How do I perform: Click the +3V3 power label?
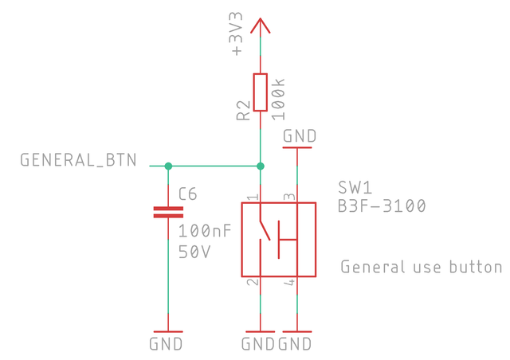pos(237,33)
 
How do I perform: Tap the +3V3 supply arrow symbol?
pos(261,25)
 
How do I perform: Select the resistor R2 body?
pos(261,92)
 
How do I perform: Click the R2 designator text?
pos(244,111)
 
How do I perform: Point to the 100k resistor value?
pos(278,100)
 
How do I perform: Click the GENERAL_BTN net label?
pos(78,160)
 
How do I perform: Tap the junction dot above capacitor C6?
pos(168,166)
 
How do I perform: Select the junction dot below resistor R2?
pos(261,166)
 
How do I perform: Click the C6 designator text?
pos(188,194)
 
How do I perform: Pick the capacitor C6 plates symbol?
pos(168,212)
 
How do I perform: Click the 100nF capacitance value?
pos(205,231)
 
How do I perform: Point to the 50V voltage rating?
pos(194,252)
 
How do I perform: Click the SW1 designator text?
pos(355,188)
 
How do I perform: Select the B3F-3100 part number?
pos(382,205)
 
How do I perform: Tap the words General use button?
pos(422,267)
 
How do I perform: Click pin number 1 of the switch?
pos(253,197)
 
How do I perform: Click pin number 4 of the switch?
pos(289,282)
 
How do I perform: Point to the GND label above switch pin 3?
pos(300,136)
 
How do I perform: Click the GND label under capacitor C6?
pos(166,344)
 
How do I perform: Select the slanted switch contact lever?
pos(265,230)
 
